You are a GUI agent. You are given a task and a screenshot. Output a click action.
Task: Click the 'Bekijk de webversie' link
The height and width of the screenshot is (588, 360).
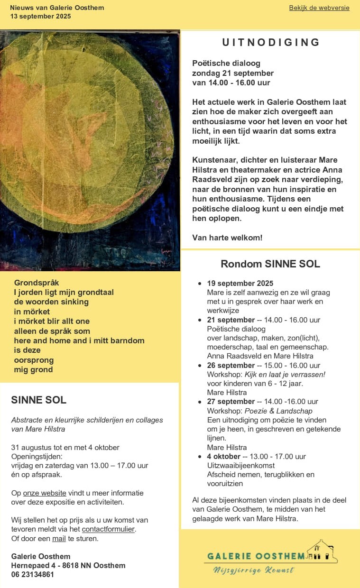[x=319, y=8]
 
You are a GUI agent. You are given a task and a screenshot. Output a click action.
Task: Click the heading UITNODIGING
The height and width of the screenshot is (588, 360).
[x=271, y=42]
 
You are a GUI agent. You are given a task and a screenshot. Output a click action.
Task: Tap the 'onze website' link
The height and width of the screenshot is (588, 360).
[x=45, y=493]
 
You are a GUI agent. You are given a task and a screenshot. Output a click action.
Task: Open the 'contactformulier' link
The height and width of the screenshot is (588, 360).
[x=108, y=529]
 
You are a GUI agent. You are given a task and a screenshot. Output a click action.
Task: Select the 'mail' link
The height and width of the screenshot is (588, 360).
[x=59, y=539]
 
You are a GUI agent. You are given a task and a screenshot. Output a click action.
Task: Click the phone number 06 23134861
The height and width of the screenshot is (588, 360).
[x=33, y=574]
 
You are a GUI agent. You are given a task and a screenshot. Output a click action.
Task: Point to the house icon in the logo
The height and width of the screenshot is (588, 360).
[x=323, y=551]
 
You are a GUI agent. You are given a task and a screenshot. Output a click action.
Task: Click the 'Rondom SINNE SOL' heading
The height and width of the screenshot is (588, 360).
[x=270, y=264]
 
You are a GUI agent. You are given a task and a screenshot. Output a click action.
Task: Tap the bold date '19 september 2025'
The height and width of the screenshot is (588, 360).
[x=240, y=284]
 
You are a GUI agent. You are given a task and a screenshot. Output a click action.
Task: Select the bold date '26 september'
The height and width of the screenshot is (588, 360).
[x=231, y=366]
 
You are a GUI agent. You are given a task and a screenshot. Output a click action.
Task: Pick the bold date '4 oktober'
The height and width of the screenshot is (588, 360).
[x=223, y=457]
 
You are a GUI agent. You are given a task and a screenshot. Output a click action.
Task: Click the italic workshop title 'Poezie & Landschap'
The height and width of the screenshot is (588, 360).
[x=278, y=411]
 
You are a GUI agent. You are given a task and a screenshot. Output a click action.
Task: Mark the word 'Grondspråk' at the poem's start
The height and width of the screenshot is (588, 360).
[x=37, y=283]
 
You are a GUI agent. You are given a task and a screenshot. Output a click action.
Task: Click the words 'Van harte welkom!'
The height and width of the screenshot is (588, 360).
[x=227, y=238]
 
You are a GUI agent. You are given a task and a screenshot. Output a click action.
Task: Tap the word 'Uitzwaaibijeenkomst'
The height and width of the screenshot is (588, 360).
[x=238, y=466]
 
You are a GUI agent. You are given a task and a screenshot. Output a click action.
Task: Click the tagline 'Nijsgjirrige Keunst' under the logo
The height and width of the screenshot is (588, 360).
[x=253, y=570]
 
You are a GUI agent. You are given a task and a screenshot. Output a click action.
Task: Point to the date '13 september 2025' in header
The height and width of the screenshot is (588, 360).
[x=40, y=16]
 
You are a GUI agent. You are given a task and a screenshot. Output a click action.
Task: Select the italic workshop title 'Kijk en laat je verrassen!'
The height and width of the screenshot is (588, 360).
[x=285, y=375]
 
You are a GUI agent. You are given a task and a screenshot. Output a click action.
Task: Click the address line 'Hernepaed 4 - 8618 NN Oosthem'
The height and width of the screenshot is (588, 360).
[x=68, y=565]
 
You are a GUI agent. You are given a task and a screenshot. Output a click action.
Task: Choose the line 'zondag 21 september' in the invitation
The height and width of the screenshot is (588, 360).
[x=232, y=73]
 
